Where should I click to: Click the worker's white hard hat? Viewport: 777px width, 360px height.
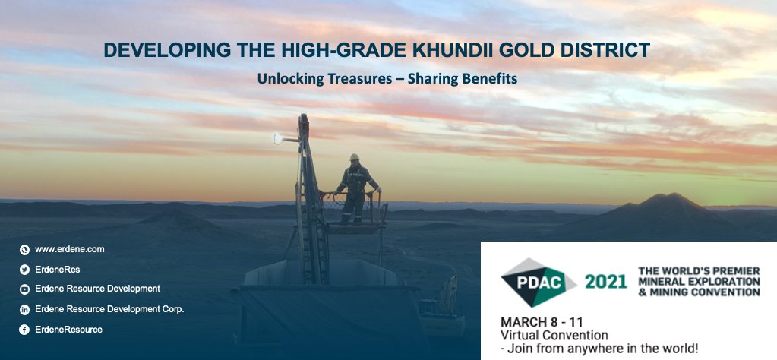354,158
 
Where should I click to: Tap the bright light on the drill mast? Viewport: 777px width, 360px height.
278,138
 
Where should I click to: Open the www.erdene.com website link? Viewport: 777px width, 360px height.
69,249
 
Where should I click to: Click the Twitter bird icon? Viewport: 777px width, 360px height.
24,269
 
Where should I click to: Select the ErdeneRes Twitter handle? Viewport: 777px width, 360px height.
57,269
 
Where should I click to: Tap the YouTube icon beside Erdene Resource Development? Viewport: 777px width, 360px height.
24,289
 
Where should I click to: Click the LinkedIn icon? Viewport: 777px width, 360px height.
24,309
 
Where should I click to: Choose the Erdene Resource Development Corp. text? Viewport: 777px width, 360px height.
109,309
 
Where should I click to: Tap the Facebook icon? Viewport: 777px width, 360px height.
24,330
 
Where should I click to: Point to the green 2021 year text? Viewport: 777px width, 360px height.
605,282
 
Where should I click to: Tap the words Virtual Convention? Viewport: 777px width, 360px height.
554,335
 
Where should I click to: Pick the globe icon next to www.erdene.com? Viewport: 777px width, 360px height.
24,249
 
